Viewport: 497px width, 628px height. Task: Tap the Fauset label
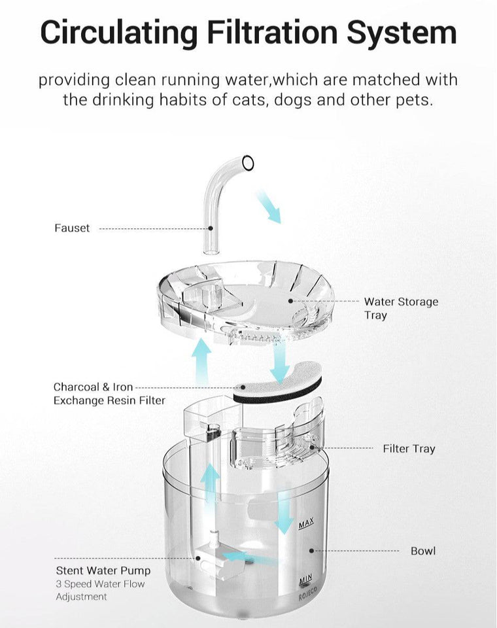(x=72, y=228)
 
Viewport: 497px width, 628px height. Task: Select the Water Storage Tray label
(x=400, y=308)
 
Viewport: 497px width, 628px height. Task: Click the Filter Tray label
(x=409, y=449)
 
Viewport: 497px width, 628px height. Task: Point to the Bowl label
(x=422, y=551)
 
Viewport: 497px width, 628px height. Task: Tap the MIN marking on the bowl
(x=305, y=580)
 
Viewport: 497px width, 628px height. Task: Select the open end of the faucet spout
(x=248, y=162)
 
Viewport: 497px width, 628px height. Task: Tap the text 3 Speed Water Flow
(x=100, y=584)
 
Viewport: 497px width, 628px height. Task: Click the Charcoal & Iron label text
(x=93, y=387)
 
